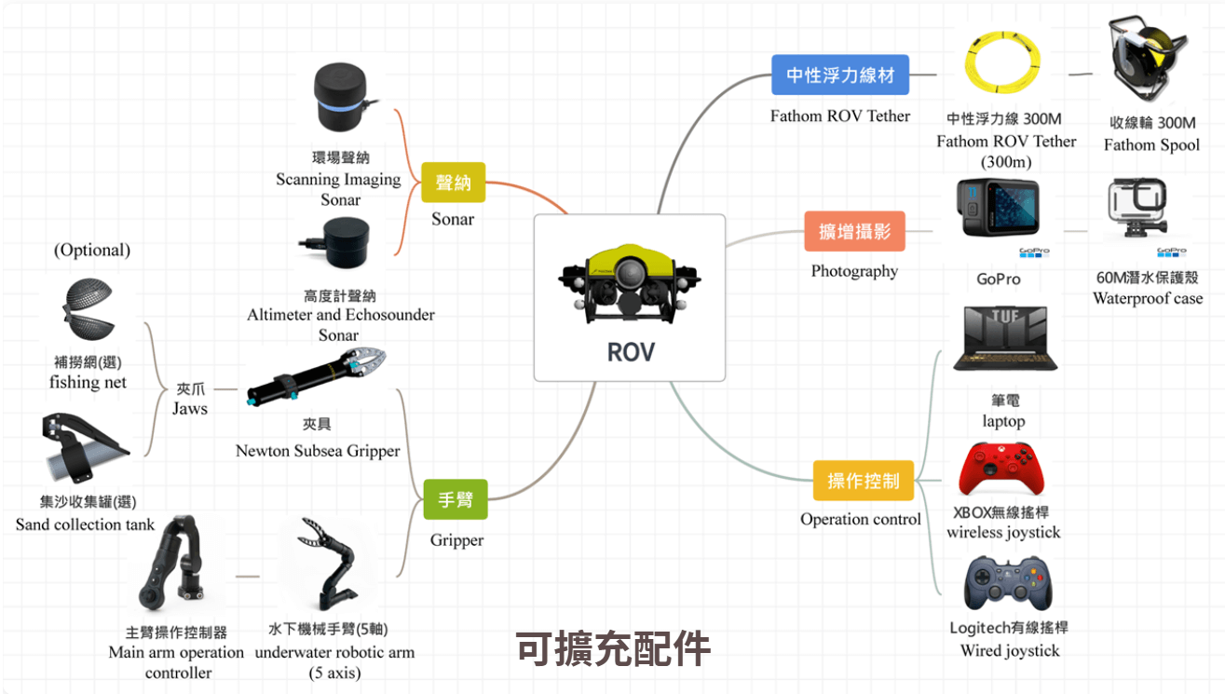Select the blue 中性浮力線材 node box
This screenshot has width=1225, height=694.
tap(840, 75)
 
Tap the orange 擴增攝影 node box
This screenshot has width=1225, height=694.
tap(854, 231)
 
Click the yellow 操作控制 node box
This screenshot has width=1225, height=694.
tap(864, 481)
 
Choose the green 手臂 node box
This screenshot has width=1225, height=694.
tap(455, 499)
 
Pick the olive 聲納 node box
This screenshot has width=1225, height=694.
tap(453, 183)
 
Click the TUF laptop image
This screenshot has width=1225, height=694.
tap(1005, 341)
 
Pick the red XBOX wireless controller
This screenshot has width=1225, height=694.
tap(1001, 469)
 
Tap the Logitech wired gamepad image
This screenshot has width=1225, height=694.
tap(1005, 583)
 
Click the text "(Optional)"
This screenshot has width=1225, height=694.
tap(92, 250)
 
